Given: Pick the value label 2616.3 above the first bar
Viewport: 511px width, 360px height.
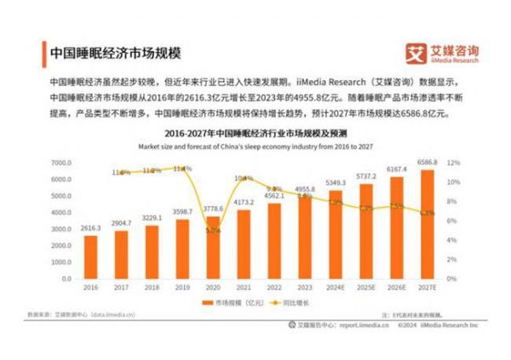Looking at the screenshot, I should [x=90, y=229].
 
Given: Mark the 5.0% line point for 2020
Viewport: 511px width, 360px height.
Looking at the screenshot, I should [x=212, y=229].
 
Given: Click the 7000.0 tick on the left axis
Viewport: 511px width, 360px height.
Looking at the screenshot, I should [x=59, y=162].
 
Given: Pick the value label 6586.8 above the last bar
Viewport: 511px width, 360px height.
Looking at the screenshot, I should [x=428, y=160].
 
